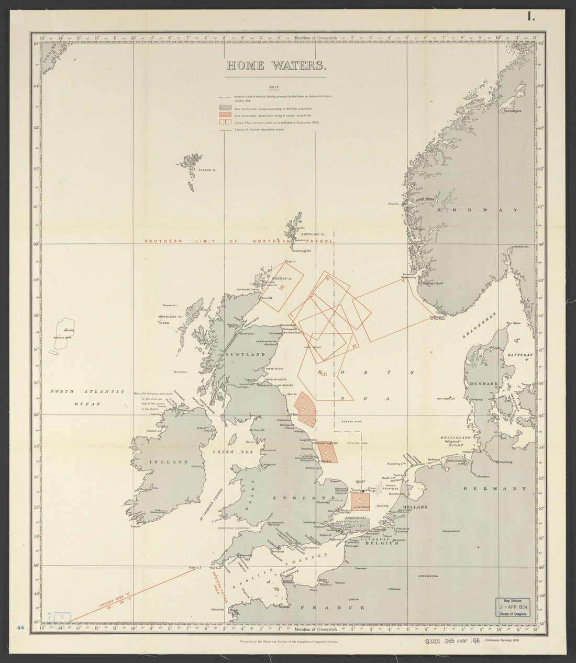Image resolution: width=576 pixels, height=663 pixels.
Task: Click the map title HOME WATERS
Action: tap(276, 66)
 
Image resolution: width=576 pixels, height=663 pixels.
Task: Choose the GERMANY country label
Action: tap(495, 488)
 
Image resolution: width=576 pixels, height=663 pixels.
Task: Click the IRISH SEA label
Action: tap(226, 451)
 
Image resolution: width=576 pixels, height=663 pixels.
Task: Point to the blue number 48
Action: tap(21, 627)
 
